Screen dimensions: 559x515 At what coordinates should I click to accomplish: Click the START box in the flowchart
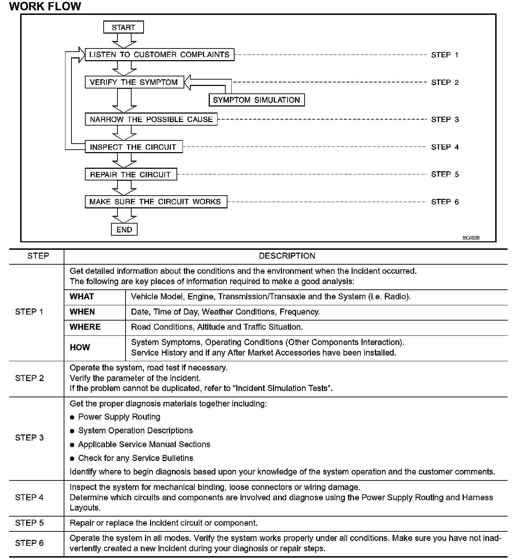click(123, 27)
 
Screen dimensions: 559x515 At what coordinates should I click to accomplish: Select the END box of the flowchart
click(124, 230)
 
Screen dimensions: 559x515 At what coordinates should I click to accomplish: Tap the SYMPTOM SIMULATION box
click(256, 100)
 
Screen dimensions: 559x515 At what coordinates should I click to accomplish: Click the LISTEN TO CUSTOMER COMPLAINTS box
click(160, 54)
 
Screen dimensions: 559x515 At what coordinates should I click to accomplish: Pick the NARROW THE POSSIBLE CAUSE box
click(151, 119)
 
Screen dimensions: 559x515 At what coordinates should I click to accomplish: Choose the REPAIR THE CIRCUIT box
click(131, 174)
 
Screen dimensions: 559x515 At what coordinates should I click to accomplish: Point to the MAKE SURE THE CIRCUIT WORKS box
click(156, 202)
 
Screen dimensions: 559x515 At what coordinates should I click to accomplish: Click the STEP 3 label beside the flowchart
click(445, 120)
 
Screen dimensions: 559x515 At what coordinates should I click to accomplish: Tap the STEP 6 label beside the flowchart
click(445, 202)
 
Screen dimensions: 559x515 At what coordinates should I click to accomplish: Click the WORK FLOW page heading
click(45, 6)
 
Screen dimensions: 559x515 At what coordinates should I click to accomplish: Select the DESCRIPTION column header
click(287, 256)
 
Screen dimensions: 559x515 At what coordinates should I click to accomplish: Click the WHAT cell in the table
click(82, 296)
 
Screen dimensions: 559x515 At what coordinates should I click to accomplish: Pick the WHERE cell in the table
click(85, 327)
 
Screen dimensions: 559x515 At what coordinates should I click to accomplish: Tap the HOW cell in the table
click(80, 347)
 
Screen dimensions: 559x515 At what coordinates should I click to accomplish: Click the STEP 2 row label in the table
click(29, 378)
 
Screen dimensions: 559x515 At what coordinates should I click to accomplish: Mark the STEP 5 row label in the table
click(29, 523)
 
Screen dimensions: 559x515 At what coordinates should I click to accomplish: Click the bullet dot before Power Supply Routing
click(72, 417)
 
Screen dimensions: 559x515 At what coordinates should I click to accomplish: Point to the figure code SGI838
click(471, 238)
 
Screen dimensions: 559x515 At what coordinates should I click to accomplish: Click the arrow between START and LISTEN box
click(124, 41)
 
